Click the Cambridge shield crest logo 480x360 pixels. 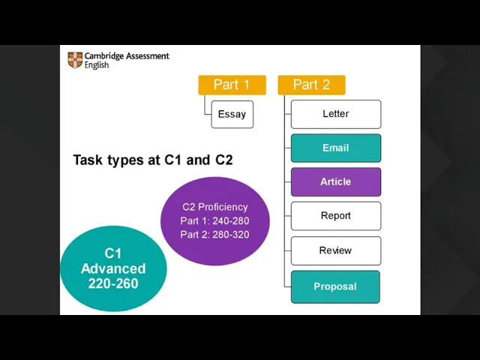(75, 60)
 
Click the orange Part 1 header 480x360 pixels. (232, 85)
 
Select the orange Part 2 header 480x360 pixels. (311, 85)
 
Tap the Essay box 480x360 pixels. (232, 114)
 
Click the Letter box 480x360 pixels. (335, 114)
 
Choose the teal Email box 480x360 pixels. (335, 148)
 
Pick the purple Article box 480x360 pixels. (335, 181)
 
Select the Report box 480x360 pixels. (335, 215)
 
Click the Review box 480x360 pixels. (335, 250)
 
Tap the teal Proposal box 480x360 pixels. (335, 286)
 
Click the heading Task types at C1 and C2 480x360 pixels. (153, 160)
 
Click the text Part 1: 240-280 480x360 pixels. (214, 221)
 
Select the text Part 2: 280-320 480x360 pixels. (214, 235)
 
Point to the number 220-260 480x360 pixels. (113, 283)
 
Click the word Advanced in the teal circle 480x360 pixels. (113, 268)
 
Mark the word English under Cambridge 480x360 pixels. (97, 65)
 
